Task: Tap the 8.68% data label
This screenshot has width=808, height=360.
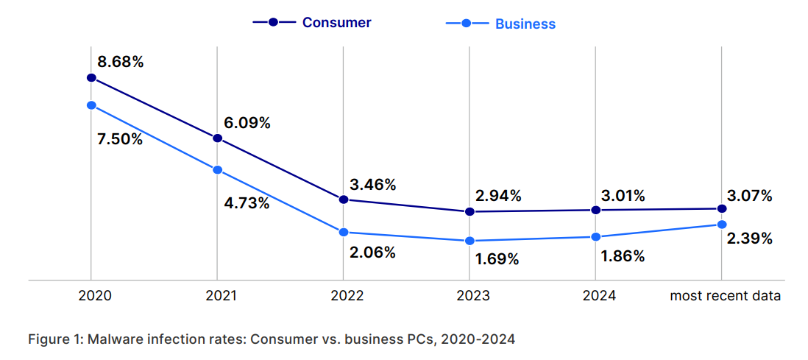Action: [121, 62]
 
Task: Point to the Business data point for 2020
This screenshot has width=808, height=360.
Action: [91, 105]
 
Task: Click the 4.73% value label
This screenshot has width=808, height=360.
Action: [247, 203]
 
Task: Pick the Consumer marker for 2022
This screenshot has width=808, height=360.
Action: [343, 200]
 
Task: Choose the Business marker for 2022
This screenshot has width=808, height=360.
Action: [343, 232]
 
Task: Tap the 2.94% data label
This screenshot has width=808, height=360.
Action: [498, 196]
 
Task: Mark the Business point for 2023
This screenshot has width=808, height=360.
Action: [469, 241]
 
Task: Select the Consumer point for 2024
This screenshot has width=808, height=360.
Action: [596, 210]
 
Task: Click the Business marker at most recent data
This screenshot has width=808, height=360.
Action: [722, 225]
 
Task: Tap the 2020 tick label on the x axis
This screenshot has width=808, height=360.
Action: [95, 296]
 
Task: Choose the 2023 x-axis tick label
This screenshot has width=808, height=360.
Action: [473, 296]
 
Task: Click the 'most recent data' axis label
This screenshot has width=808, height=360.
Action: [725, 296]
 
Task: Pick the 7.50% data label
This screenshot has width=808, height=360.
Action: [120, 139]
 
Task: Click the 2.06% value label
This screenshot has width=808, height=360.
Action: [372, 253]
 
